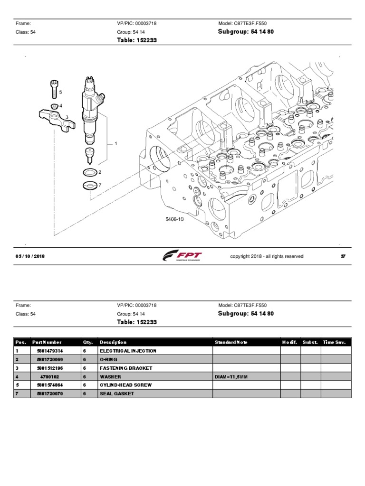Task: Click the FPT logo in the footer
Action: coord(182,257)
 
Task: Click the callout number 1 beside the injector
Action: coord(115,143)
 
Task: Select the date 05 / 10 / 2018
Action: coord(30,256)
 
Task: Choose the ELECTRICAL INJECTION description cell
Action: coord(127,351)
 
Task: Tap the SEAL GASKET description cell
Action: coord(116,393)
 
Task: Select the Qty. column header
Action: coord(88,342)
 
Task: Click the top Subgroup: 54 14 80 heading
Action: coord(246,32)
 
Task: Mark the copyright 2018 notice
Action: coord(267,256)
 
